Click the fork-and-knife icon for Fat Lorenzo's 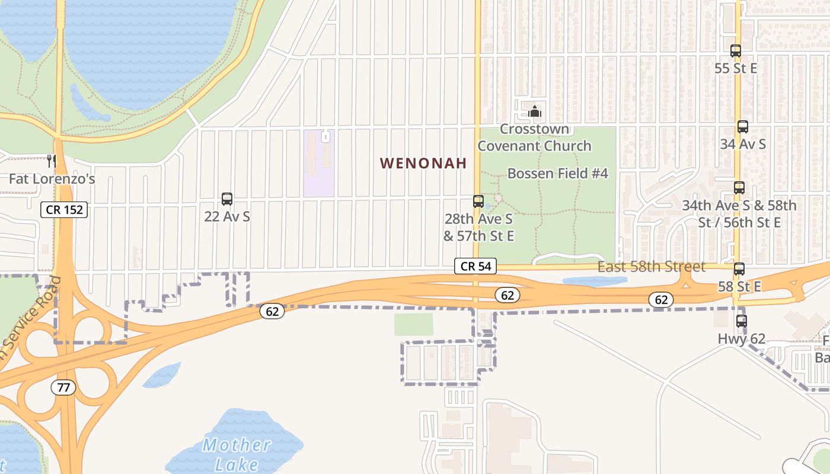pos(52,161)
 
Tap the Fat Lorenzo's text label pos(52,178)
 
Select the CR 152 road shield pos(64,209)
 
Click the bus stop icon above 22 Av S pos(227,199)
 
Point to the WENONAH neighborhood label pos(423,163)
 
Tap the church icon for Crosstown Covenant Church pos(535,111)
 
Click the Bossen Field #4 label pos(558,174)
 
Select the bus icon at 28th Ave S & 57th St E pos(478,201)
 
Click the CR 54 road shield pos(475,267)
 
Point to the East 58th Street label pos(651,267)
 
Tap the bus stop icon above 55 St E pos(736,51)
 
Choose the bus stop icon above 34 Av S pos(743,127)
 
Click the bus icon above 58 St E pos(739,269)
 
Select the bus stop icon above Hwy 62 pos(742,321)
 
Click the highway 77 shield pos(63,388)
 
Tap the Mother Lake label pos(237,454)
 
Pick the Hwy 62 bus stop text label pos(742,339)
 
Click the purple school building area pos(319,163)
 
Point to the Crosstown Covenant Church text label pos(535,137)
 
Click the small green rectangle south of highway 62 pos(414,324)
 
